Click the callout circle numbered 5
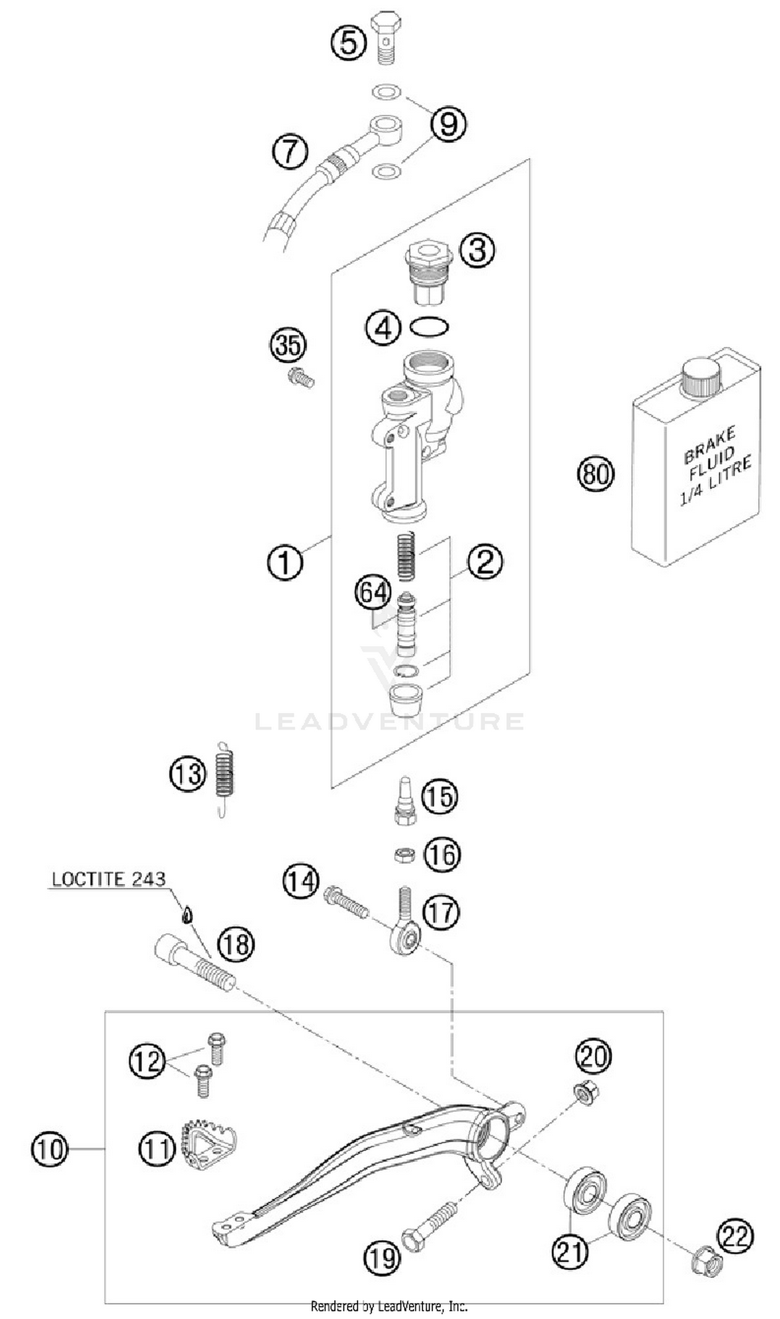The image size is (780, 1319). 348,42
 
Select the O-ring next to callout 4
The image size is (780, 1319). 430,327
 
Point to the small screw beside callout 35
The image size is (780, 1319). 301,377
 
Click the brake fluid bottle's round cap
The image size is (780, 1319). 700,378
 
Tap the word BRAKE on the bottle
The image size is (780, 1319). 709,446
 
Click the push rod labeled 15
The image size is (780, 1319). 406,801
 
